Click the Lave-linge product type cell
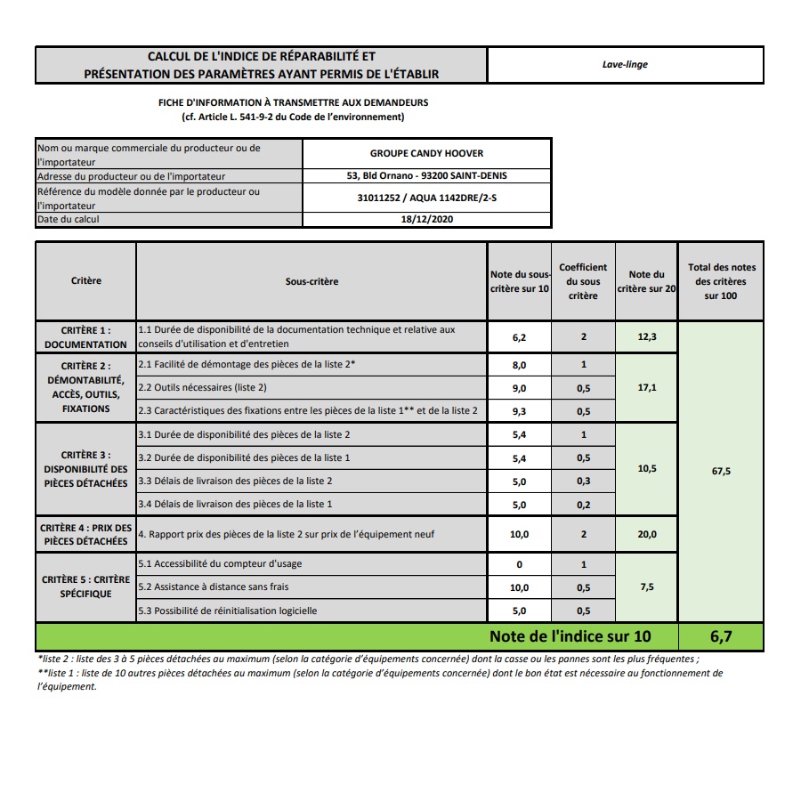click(625, 64)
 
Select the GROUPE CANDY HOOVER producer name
click(427, 153)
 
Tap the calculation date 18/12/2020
click(427, 219)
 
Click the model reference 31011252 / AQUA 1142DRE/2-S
click(427, 198)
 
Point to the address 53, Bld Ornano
click(427, 175)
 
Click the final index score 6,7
click(721, 636)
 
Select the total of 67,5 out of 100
click(721, 472)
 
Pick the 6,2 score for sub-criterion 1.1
click(520, 338)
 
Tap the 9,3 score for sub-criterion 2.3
click(520, 411)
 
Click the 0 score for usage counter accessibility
click(520, 564)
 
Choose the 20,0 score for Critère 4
click(647, 534)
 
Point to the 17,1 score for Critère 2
click(647, 388)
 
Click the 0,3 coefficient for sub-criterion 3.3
click(583, 481)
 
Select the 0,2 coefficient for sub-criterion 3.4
click(583, 504)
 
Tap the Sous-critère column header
click(311, 281)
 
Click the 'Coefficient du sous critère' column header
click(583, 281)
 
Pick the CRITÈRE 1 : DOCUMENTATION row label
click(86, 337)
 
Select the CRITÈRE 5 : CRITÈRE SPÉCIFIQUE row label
click(86, 587)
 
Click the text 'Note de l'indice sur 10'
click(570, 636)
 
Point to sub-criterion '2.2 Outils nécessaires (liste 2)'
click(202, 388)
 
